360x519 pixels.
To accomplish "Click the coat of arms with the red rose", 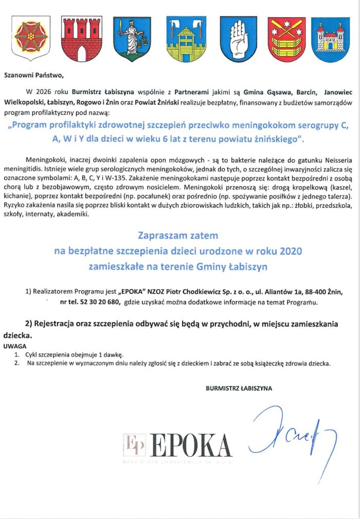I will point(31,38).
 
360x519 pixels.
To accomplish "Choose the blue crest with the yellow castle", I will point(331,39).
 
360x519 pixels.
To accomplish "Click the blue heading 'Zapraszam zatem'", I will point(178,236).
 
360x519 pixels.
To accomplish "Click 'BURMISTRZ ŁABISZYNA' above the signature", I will point(239,388).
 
